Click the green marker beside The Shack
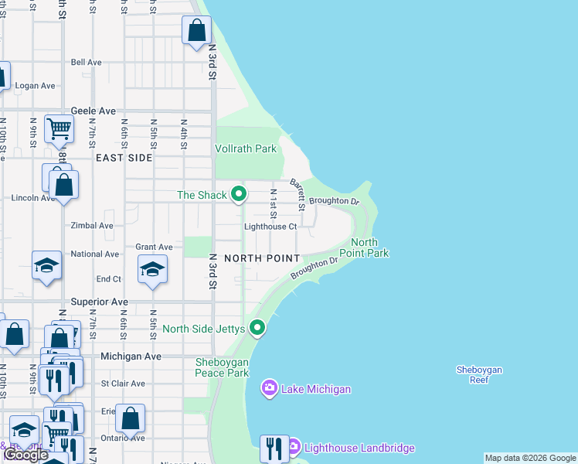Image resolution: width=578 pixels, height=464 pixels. (x=239, y=194)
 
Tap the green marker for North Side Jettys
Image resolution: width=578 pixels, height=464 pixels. (x=258, y=329)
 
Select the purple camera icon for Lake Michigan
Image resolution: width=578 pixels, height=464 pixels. (x=269, y=387)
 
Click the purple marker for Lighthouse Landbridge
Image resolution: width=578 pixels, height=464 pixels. (x=293, y=447)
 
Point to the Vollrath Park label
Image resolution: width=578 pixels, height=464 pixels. (x=245, y=148)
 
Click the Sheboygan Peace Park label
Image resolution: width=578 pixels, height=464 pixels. (x=223, y=367)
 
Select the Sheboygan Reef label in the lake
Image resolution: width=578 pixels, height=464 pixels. (x=479, y=374)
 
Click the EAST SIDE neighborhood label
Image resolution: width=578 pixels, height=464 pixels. (x=124, y=157)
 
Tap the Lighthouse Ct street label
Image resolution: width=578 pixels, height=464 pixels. (x=270, y=227)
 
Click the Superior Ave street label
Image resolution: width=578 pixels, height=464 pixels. (x=99, y=301)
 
